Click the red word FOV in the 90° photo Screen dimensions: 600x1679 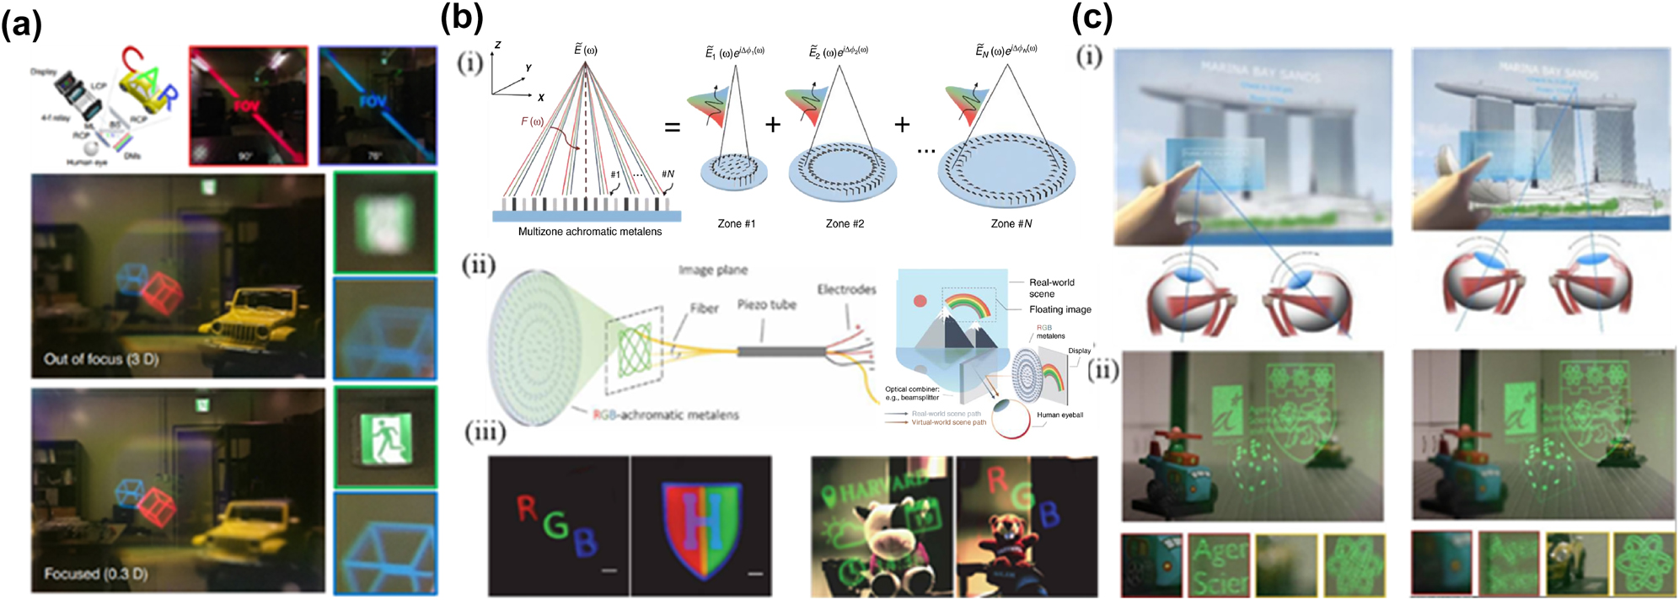246,107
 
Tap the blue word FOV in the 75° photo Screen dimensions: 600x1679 372,102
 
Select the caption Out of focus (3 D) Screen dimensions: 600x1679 100,359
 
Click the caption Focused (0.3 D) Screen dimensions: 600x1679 95,573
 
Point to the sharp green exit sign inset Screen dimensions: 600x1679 386,437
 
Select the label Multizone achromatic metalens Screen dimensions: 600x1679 589,232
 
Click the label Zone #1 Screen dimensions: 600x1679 736,224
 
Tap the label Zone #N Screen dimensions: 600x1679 1011,224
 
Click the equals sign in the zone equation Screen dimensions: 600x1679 672,127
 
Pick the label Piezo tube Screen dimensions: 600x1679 766,304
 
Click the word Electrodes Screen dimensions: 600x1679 846,289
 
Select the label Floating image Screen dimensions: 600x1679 1059,309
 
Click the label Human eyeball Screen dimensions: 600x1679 1059,415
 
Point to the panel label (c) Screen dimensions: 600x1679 1092,18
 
